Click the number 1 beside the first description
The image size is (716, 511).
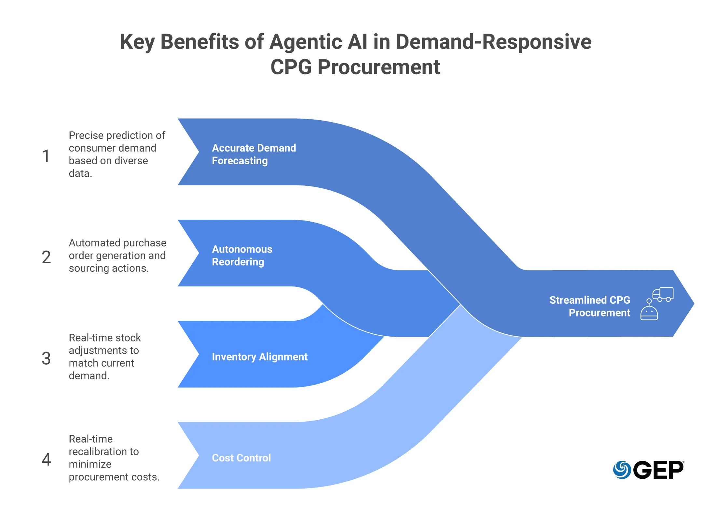point(46,156)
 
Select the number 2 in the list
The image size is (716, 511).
point(46,257)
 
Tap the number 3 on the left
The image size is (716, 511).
point(46,358)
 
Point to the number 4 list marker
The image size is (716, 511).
point(46,460)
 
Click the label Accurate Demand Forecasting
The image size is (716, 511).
point(254,154)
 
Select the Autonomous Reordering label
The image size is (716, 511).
point(242,255)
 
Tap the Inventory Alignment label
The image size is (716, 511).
point(259,357)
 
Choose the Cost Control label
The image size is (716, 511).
point(241,458)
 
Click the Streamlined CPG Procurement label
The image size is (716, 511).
point(590,306)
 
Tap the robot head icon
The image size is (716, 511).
point(649,312)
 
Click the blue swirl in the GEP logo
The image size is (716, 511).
point(622,470)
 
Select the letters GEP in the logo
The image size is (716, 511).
point(658,470)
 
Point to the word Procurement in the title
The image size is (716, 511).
point(379,67)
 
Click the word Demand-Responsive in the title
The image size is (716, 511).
point(493,42)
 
